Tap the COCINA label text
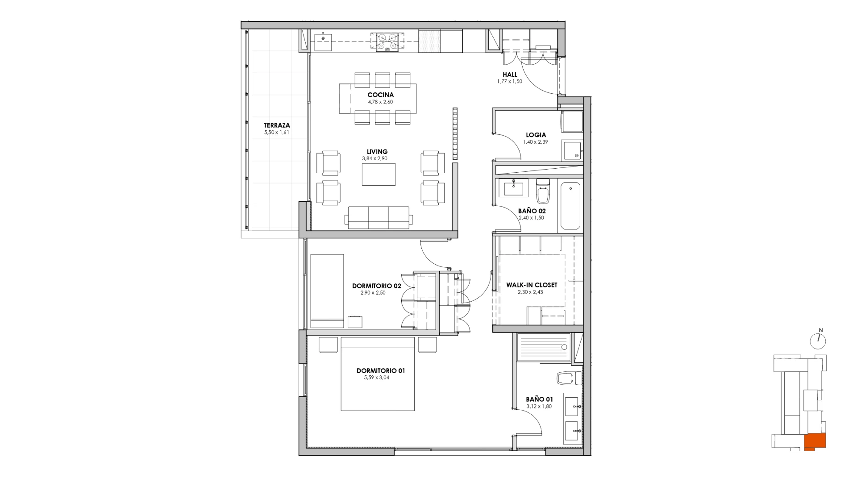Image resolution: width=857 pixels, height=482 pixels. (381, 95)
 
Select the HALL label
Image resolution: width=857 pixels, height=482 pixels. (510, 75)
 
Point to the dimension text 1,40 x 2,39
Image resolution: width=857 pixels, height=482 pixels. (536, 142)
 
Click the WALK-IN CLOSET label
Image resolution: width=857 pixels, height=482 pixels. (532, 285)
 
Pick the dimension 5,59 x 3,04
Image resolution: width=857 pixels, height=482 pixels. (377, 378)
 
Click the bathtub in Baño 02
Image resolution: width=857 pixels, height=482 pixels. (570, 205)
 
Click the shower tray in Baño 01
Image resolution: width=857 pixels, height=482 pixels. (544, 348)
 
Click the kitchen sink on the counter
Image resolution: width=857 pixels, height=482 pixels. (323, 40)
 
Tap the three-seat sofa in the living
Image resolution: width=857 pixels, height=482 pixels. (379, 218)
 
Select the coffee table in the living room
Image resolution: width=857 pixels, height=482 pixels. (379, 175)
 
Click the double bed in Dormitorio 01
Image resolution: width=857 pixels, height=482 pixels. (378, 374)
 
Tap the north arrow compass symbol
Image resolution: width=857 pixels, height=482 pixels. (818, 340)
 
